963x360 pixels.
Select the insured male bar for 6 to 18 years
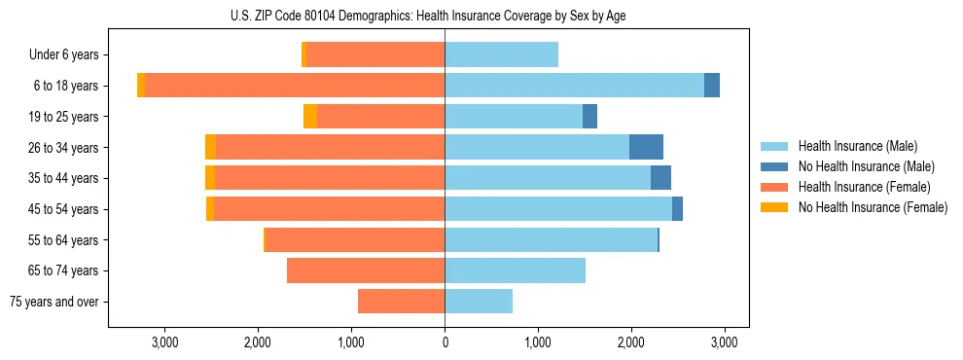pos(574,86)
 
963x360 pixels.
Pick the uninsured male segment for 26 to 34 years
pos(646,147)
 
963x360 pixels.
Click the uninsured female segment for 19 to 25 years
pos(310,117)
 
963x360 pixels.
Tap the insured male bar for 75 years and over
pos(479,302)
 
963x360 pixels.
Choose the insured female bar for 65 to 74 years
pos(366,270)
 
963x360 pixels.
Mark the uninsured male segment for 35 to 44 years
pos(660,178)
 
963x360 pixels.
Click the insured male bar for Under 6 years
pos(501,55)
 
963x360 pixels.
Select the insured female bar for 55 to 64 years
pos(355,239)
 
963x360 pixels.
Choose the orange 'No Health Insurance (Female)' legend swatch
pos(774,207)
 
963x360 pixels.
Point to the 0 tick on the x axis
pos(445,342)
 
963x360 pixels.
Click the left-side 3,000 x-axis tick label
pos(164,342)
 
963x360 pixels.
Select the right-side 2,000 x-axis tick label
pos(630,342)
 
